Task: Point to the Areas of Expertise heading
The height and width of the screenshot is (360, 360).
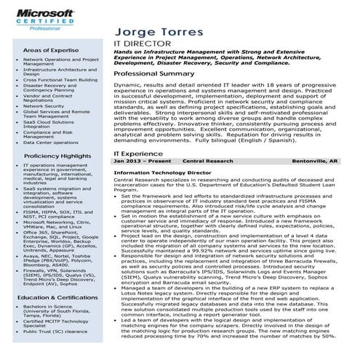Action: click(51, 49)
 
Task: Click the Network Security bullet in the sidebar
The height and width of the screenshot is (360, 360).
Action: click(44, 105)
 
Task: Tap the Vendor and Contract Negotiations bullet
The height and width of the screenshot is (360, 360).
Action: click(48, 97)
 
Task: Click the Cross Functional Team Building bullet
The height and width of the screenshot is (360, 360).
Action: click(60, 79)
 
